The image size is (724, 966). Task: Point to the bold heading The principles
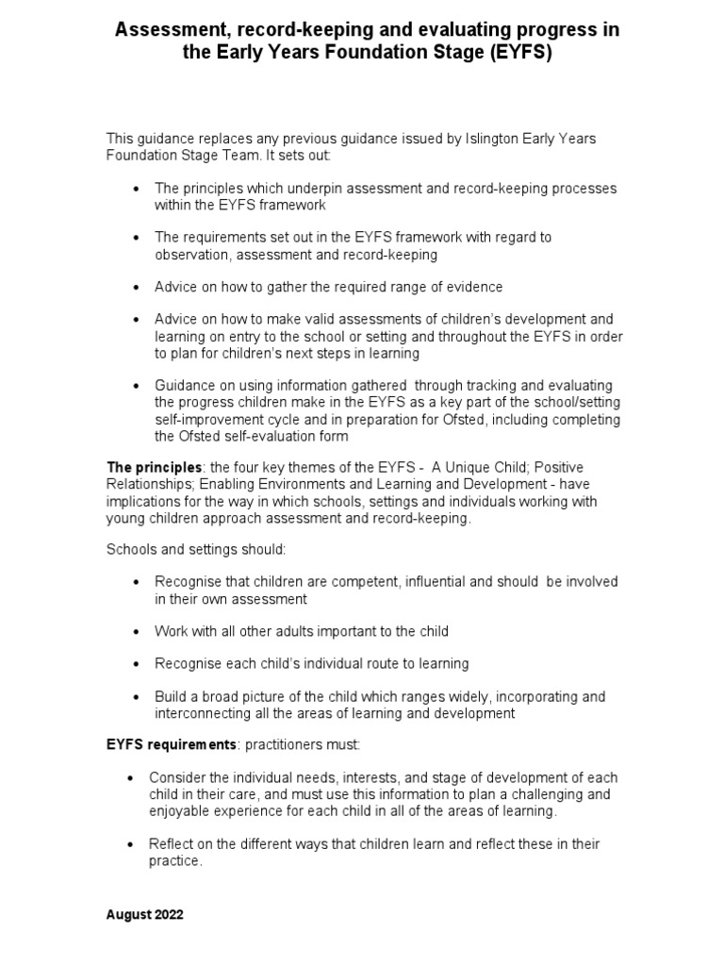click(154, 468)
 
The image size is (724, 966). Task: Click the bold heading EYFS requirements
click(169, 745)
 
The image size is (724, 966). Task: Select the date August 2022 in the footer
click(145, 914)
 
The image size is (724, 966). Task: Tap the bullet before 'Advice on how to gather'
click(138, 287)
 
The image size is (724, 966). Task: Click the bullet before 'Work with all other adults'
click(138, 631)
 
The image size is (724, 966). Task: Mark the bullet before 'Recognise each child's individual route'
click(138, 664)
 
